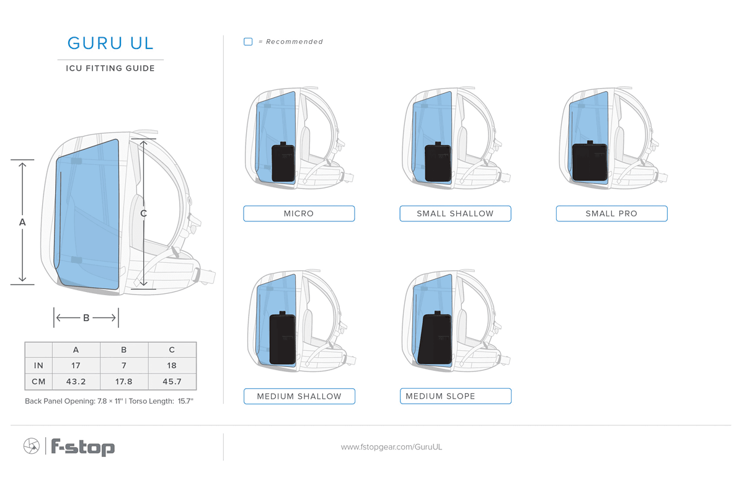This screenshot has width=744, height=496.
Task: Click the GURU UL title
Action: (110, 43)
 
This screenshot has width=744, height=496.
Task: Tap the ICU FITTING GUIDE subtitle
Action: (110, 68)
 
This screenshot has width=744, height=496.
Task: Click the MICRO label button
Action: (299, 213)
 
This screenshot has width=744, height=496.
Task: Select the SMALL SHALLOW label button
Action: (455, 213)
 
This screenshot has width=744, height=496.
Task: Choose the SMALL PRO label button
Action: (612, 213)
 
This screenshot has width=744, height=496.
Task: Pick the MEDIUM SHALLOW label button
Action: (299, 396)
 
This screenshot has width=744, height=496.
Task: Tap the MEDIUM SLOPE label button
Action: (456, 396)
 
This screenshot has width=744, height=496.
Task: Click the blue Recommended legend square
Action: (248, 42)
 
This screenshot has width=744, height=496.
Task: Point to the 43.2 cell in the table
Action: (76, 381)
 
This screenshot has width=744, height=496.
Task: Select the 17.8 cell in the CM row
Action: (124, 381)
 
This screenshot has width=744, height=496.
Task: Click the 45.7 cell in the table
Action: (172, 381)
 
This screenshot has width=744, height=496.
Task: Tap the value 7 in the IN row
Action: (124, 365)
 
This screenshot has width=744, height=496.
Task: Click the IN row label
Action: (38, 365)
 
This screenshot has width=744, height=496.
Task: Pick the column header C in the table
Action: (172, 350)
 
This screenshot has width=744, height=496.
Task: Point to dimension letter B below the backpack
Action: (86, 318)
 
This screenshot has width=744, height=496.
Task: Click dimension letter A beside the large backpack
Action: (22, 222)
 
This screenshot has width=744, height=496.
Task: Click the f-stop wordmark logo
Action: (82, 447)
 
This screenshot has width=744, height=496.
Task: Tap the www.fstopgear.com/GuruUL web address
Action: (391, 447)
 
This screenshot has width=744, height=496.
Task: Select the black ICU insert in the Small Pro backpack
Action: (590, 161)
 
